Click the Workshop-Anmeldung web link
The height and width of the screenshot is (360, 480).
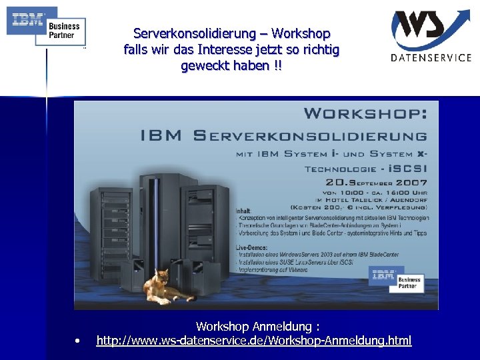254,341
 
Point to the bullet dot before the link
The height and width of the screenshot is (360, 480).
79,341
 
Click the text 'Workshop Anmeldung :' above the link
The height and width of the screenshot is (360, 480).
257,326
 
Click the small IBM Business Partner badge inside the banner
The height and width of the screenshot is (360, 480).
397,279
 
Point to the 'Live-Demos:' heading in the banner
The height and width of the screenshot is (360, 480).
253,247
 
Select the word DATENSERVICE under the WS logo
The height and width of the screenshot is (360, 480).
431,57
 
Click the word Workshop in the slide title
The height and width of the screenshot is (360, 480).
303,33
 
